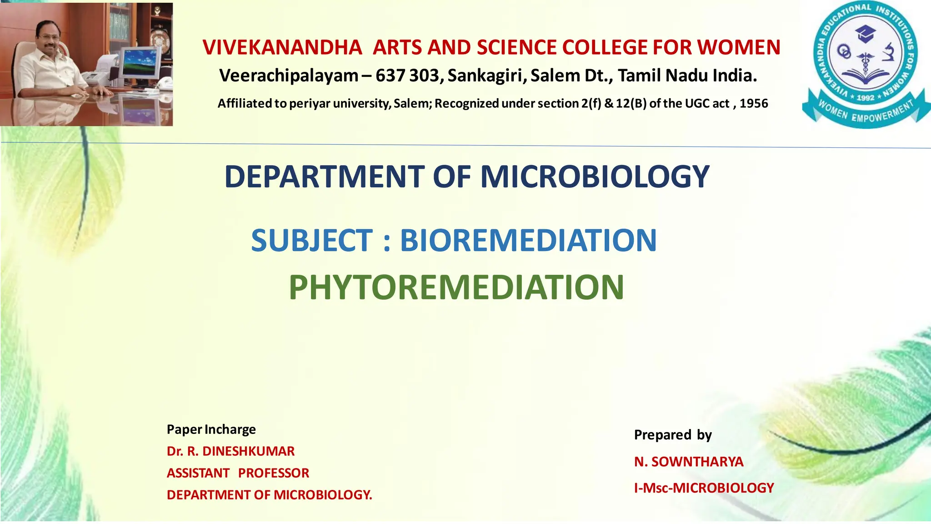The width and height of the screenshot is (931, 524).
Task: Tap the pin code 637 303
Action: point(407,76)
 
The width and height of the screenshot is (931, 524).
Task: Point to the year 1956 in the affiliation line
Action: point(754,104)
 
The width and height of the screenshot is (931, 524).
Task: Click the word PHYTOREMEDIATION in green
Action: point(456,287)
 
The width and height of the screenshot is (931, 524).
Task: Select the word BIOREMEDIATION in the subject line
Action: point(528,240)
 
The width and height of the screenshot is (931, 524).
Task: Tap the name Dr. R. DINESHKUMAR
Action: point(230,451)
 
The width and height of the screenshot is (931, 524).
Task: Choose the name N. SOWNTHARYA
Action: point(689,462)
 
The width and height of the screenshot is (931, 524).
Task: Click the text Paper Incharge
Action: point(211,429)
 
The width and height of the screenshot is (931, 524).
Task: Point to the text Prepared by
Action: point(673,435)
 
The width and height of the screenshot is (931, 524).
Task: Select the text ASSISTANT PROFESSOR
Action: point(238,473)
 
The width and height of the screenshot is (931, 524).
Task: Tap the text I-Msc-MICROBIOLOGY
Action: point(704,488)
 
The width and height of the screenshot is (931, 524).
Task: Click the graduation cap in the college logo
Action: point(865,33)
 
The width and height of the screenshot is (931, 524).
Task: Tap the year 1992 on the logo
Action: point(865,98)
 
